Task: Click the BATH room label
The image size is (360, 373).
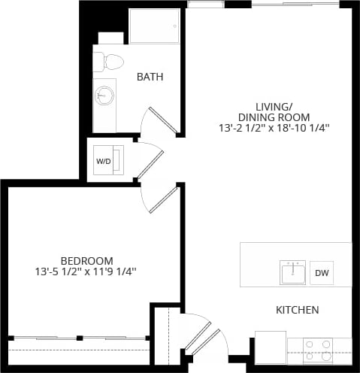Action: (150, 77)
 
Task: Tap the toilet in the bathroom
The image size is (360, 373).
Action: (112, 59)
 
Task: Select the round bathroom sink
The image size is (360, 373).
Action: (104, 96)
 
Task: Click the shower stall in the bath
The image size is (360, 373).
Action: (154, 27)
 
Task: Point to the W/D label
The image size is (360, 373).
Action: (103, 161)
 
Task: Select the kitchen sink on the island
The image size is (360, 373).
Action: (293, 272)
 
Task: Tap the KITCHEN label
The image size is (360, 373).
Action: (297, 310)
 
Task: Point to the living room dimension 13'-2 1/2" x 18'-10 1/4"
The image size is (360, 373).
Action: (273, 128)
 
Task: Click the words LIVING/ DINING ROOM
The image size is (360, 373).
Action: (273, 111)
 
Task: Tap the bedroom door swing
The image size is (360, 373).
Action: (161, 199)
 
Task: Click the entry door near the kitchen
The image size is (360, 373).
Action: (201, 335)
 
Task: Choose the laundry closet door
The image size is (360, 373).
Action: (149, 160)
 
